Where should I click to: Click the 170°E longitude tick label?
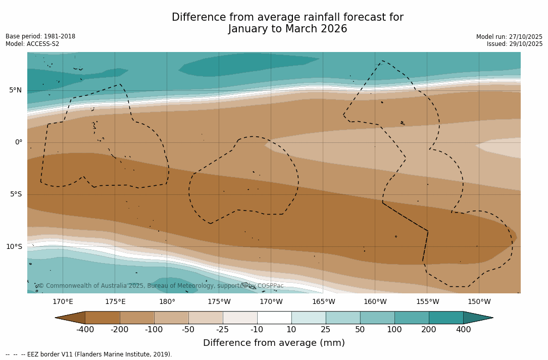63,302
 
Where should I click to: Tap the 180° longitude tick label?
167,302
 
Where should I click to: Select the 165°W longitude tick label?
323,302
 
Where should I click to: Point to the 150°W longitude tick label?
479,302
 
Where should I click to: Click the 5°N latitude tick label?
15,90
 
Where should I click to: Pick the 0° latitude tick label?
18,142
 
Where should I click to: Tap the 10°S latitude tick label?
14,247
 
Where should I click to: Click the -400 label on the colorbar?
85,330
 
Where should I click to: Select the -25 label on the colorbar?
223,330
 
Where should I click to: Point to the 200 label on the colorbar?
429,330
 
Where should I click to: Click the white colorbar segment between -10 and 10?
274,318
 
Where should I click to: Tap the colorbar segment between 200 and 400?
446,318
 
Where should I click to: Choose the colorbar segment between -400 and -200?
103,318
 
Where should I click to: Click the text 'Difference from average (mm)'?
274,343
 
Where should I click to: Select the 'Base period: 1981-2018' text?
40,36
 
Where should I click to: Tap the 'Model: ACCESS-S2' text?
32,44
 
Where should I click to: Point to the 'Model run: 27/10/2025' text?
509,37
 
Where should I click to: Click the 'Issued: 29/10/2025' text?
515,44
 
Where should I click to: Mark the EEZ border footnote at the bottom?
89,354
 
